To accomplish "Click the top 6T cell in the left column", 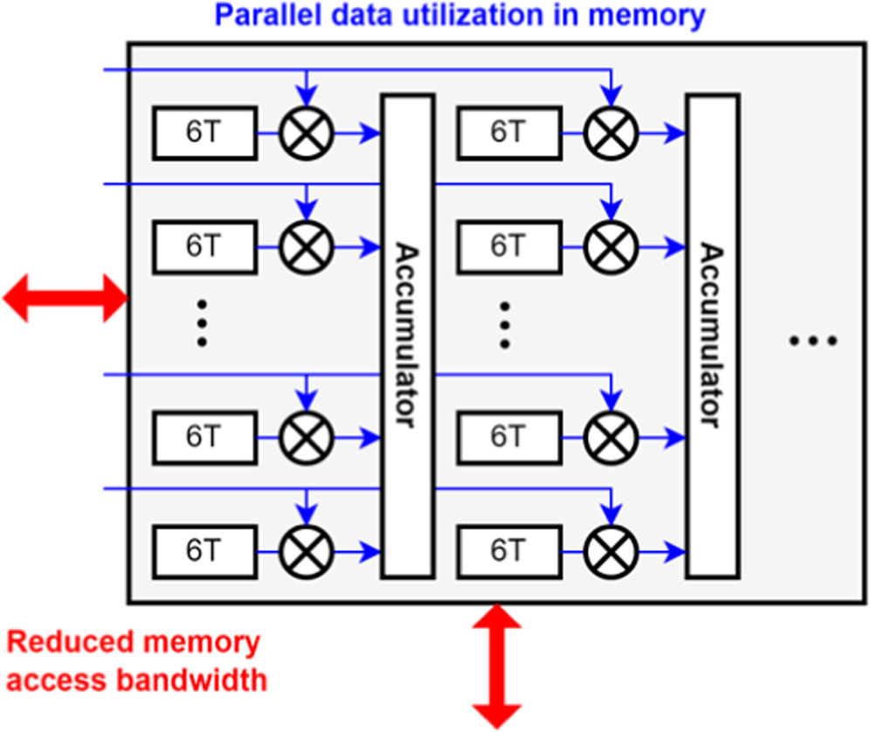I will point(204,133).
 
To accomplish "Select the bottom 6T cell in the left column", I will point(204,550).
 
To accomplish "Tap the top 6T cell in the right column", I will point(508,133).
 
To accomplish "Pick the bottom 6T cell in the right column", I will point(508,550).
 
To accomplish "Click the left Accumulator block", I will point(408,336).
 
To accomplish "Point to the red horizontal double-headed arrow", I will point(66,298).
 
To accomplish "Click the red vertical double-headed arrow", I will point(497,666).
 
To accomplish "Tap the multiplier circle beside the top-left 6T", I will point(307,134).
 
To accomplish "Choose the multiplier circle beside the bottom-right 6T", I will point(611,550).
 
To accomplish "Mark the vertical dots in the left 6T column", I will point(202,323).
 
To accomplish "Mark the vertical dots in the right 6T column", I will point(505,323).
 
